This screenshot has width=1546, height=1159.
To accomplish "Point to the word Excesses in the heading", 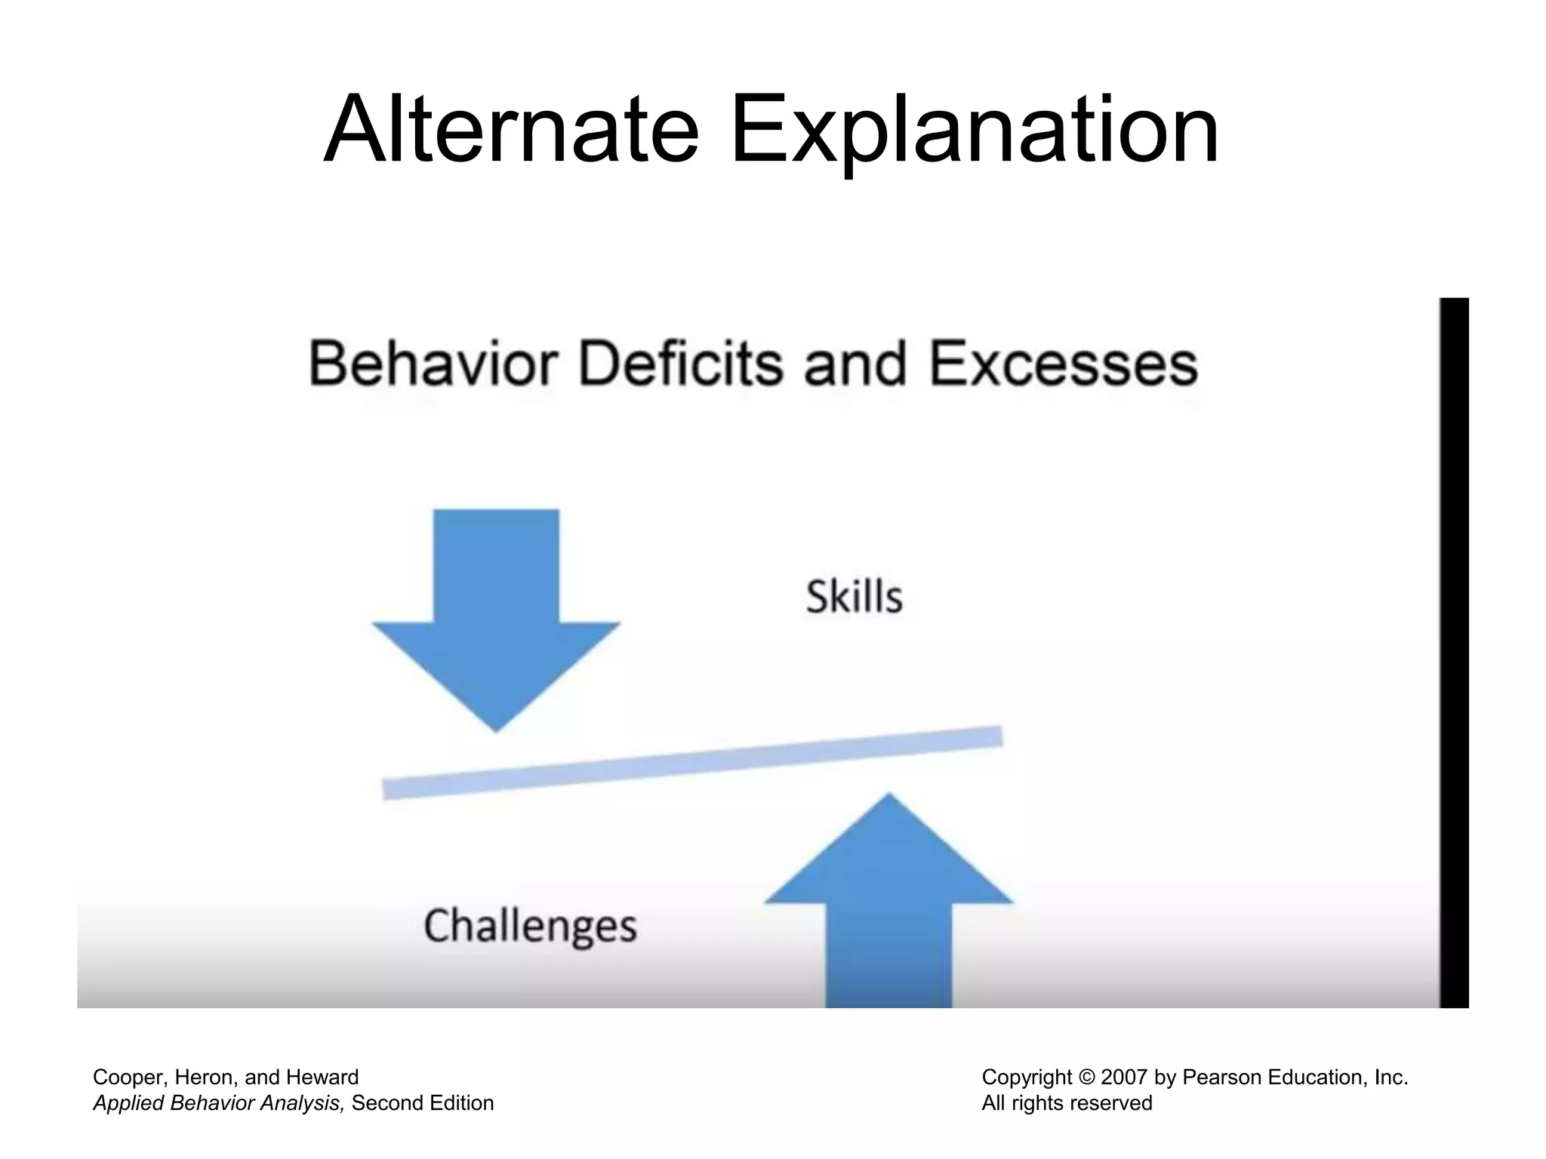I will click(1063, 364).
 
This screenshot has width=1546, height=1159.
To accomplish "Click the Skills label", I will click(854, 597).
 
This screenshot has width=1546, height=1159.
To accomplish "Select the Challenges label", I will click(530, 926).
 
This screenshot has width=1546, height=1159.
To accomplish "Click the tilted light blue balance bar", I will click(692, 762).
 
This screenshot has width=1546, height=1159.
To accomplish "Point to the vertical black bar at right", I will click(1454, 653).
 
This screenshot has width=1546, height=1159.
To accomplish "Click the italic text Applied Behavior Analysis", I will click(219, 1103).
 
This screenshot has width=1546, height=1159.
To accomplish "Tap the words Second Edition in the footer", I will click(423, 1103).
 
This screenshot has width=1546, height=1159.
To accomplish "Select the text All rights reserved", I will click(1067, 1103).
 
